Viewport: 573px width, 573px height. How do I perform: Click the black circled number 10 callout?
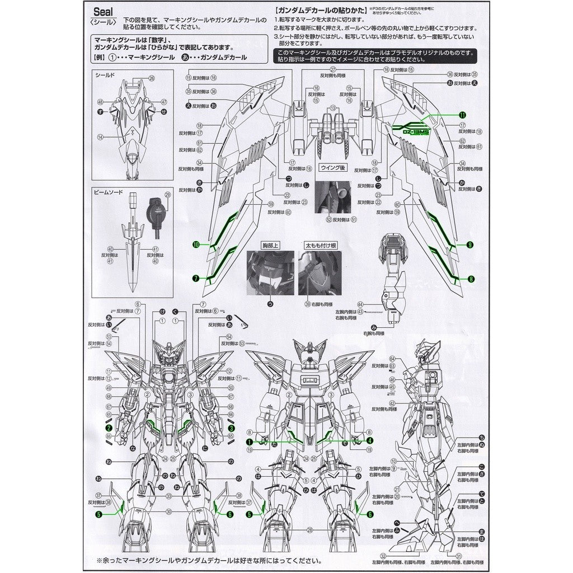click(196, 245)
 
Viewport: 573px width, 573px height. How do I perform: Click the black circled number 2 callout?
click(109, 428)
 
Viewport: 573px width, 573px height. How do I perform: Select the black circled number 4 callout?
click(369, 440)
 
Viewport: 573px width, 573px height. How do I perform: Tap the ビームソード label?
click(109, 192)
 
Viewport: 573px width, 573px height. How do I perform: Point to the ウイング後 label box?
click(334, 167)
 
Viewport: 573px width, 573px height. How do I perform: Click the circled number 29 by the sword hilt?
click(167, 195)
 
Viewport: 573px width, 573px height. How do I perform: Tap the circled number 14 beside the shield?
click(100, 137)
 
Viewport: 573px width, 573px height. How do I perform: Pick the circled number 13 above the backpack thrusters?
click(334, 107)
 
